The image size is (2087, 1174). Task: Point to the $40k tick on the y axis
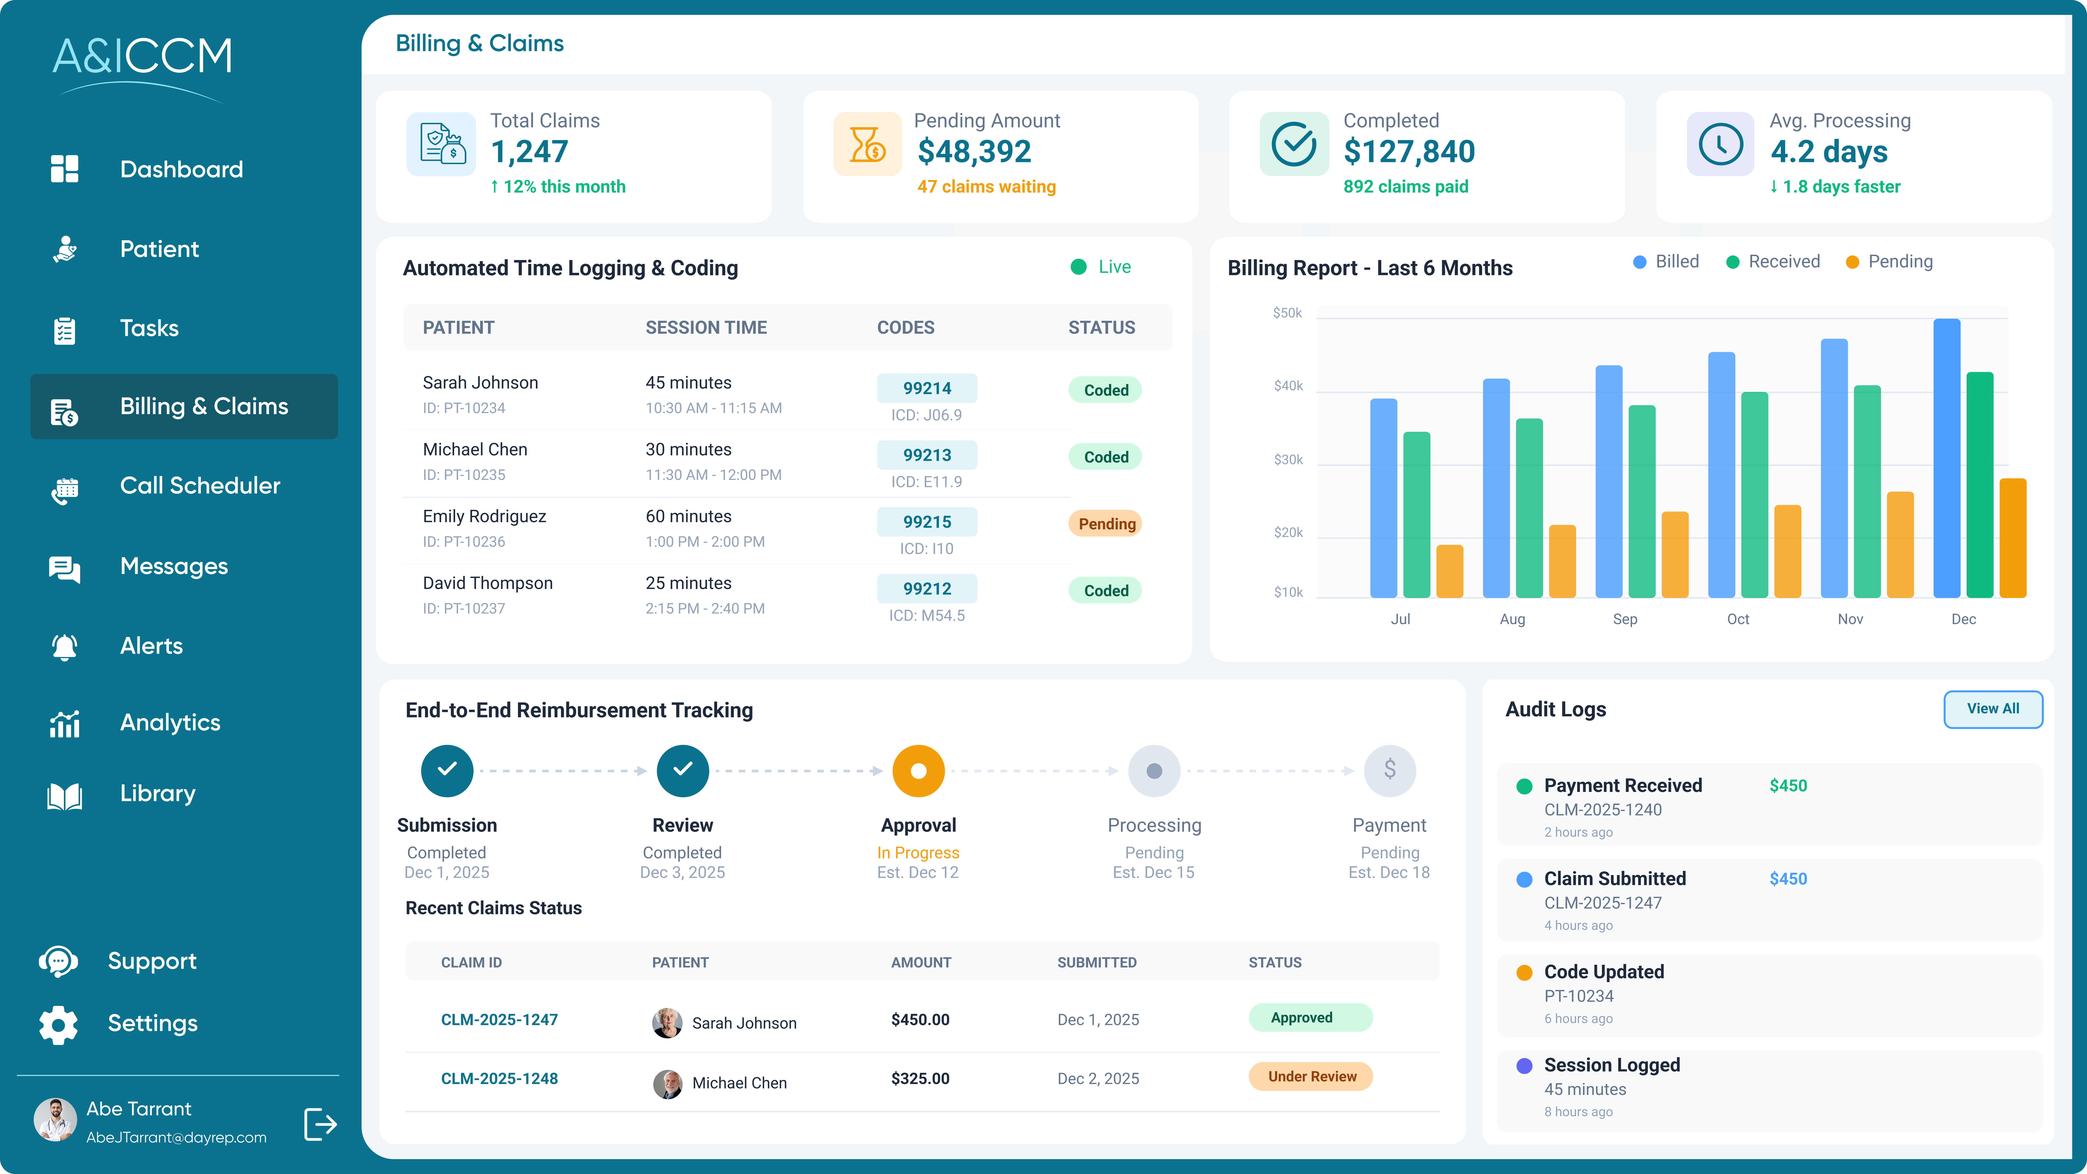pyautogui.click(x=1288, y=386)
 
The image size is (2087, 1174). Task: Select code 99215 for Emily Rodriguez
pyautogui.click(x=927, y=522)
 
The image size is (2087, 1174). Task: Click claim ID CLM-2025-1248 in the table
pyautogui.click(x=499, y=1078)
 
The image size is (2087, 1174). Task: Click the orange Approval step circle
pyautogui.click(x=918, y=770)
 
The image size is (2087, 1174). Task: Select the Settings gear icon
pyautogui.click(x=58, y=1024)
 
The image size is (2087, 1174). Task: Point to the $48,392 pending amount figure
pyautogui.click(x=974, y=152)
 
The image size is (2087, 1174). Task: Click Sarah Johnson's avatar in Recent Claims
pyautogui.click(x=667, y=1022)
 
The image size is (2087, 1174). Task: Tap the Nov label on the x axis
pyautogui.click(x=1849, y=619)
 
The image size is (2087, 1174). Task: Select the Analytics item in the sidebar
pyautogui.click(x=170, y=723)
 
